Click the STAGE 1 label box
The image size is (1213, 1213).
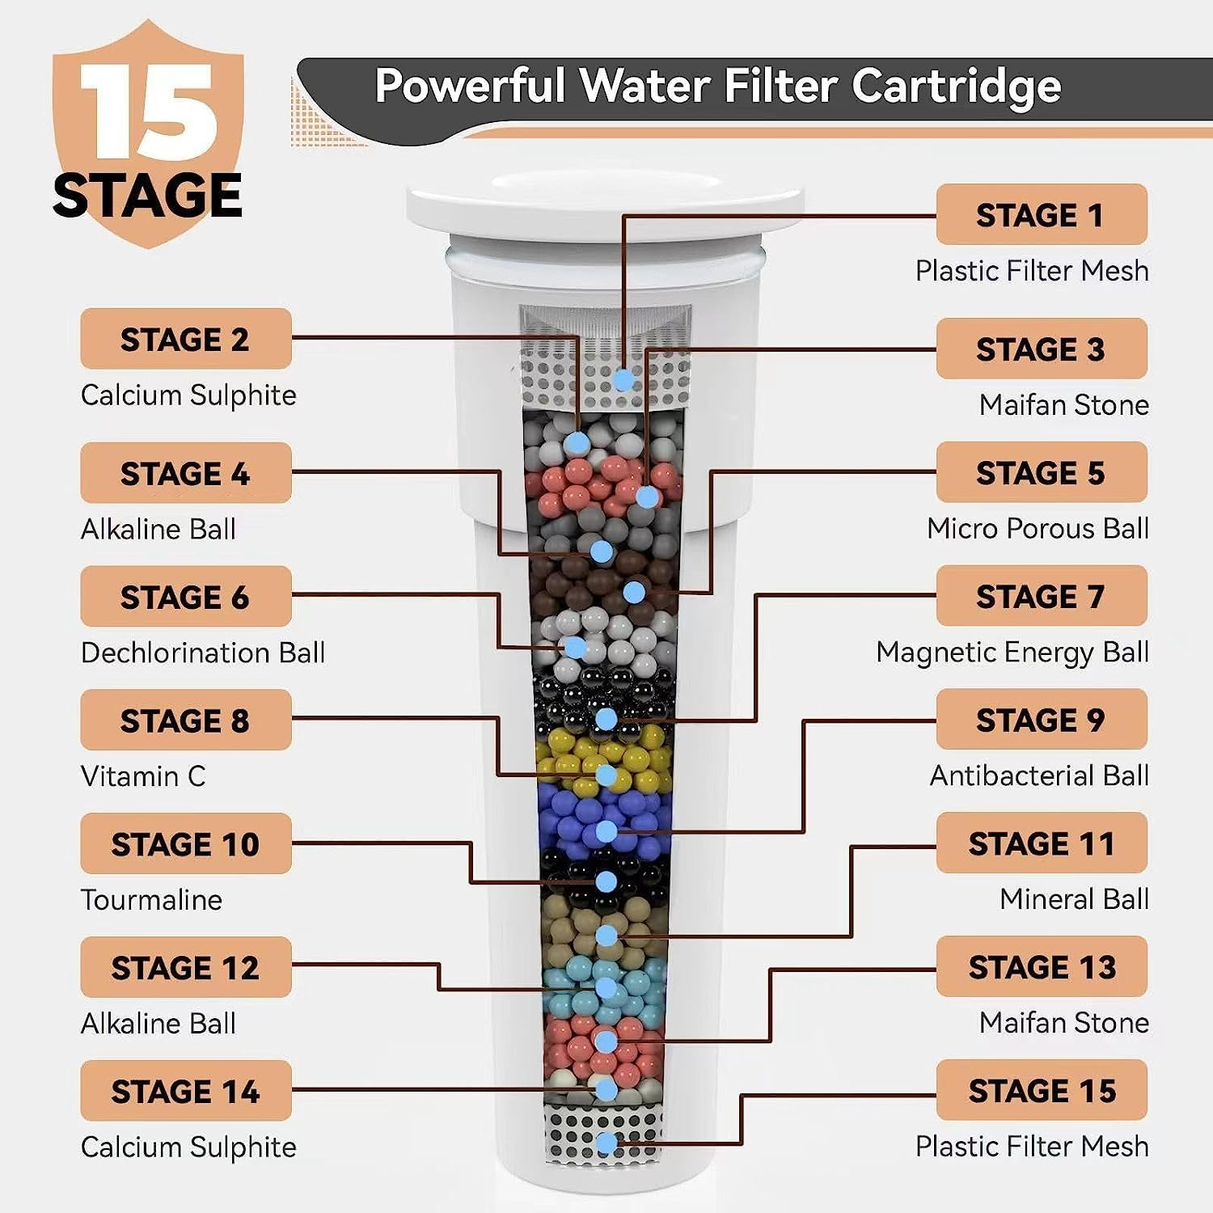click(1042, 214)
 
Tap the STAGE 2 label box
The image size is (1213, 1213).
click(186, 339)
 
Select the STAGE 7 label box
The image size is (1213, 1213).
click(1042, 596)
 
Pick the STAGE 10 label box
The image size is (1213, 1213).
click(186, 843)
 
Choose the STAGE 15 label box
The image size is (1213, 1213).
click(1042, 1090)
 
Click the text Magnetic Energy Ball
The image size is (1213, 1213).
click(1012, 652)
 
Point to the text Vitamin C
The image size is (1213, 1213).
click(143, 776)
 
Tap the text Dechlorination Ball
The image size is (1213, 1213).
click(203, 653)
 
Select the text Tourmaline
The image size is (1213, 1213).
click(151, 900)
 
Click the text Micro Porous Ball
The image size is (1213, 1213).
click(1038, 528)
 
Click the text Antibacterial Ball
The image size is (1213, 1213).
click(1039, 776)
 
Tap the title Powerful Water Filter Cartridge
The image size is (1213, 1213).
click(718, 87)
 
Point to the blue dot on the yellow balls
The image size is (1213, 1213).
click(606, 775)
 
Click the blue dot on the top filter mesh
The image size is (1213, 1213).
click(623, 379)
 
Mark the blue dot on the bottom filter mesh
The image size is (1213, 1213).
click(606, 1143)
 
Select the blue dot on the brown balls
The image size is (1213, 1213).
click(635, 592)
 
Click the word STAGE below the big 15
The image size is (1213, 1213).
click(148, 196)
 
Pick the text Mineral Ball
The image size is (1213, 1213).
click(1074, 899)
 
